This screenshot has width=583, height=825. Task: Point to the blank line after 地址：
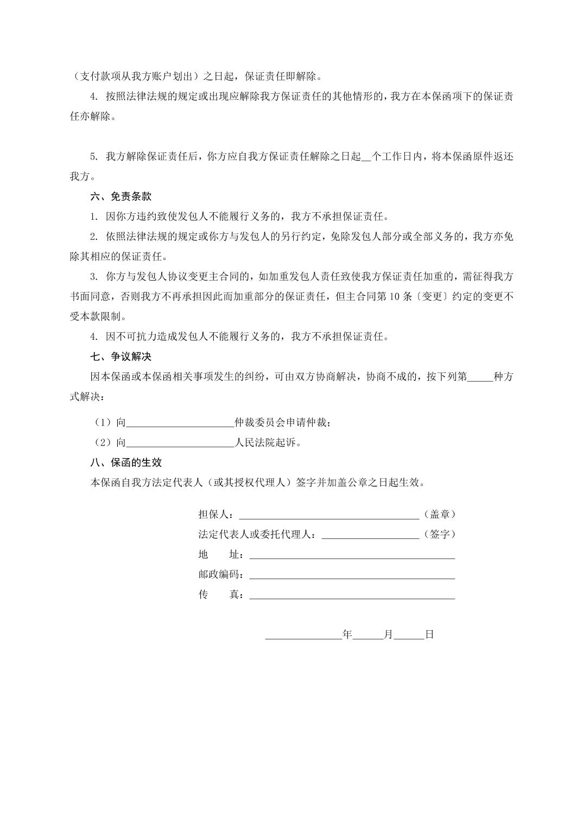[352, 556]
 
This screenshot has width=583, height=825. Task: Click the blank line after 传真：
[352, 596]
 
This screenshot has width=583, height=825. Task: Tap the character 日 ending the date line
[429, 634]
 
